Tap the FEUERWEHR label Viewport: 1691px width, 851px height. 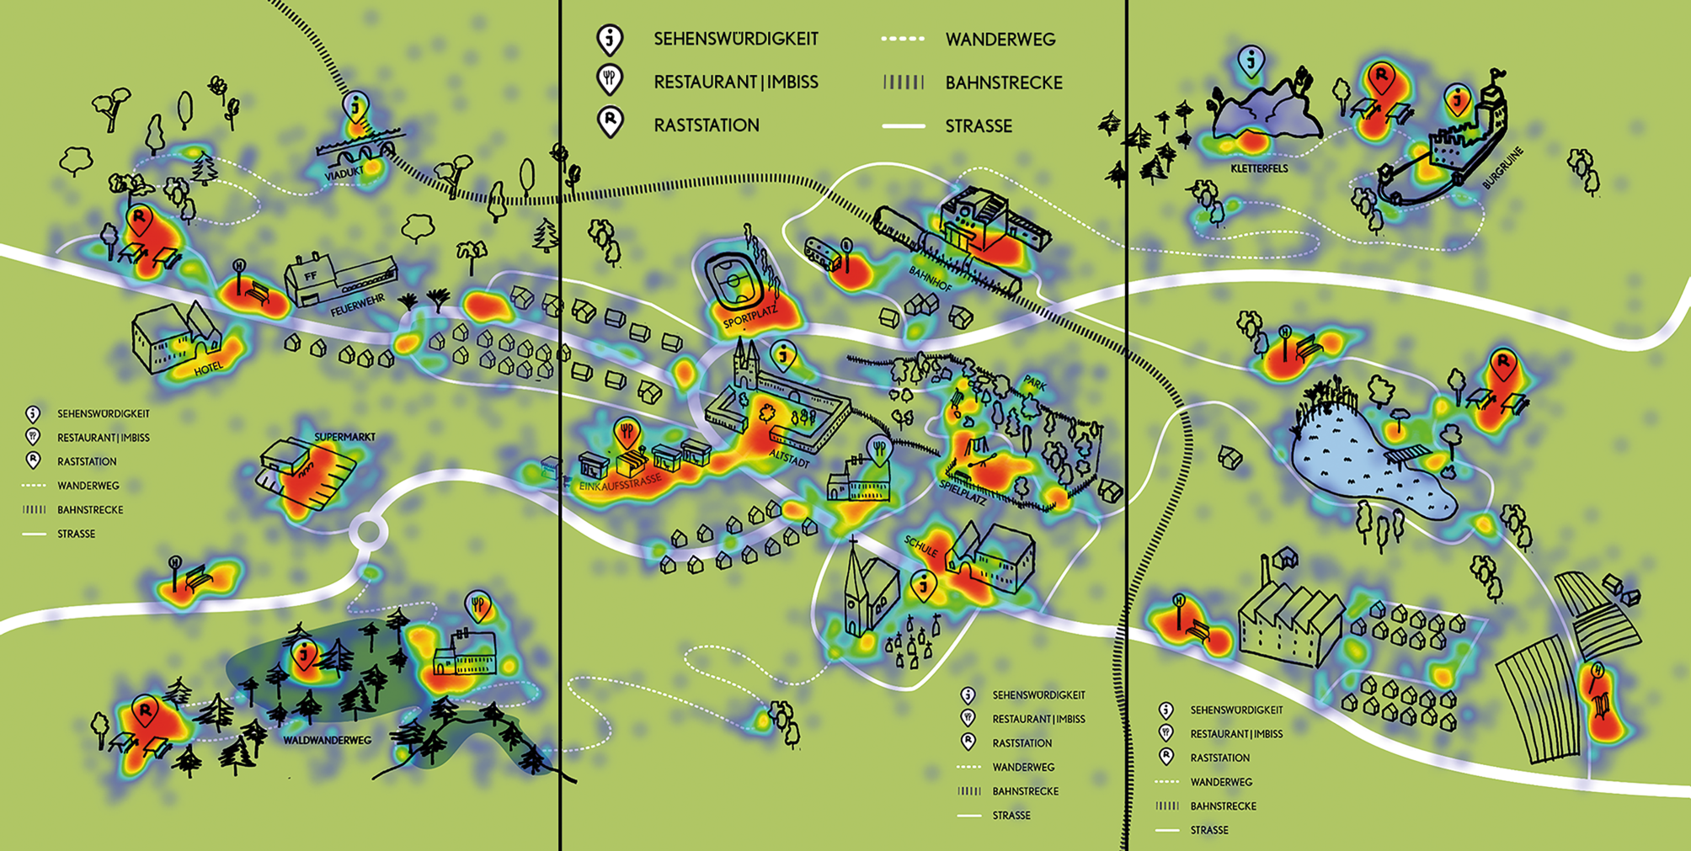point(358,305)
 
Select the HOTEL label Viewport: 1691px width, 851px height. point(208,368)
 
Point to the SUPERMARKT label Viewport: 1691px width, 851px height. point(344,437)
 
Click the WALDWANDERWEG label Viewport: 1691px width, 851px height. point(327,741)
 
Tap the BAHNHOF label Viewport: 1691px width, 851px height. point(930,279)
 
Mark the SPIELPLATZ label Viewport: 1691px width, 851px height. point(963,491)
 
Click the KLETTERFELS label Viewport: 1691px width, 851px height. point(1259,168)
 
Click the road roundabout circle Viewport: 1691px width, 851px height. point(368,531)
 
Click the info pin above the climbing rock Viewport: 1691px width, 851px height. point(1251,61)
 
